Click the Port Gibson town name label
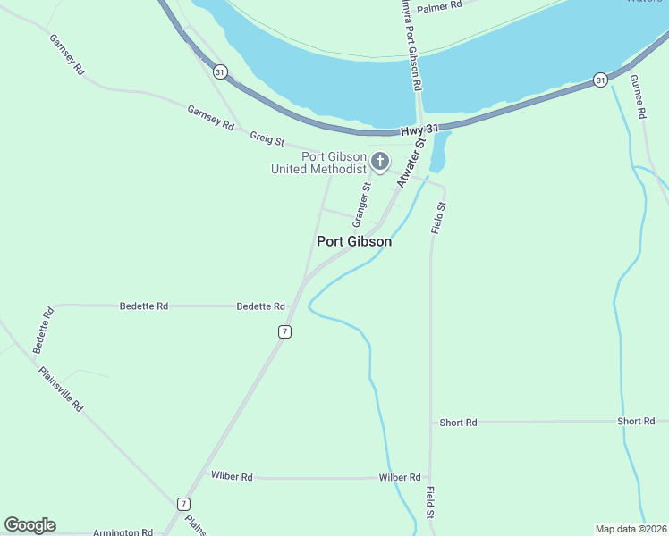tap(354, 241)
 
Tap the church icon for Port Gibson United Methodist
tap(380, 162)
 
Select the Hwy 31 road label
tap(420, 130)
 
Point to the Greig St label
tap(267, 140)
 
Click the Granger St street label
tap(360, 205)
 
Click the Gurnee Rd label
tap(638, 97)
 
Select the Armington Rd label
tap(123, 532)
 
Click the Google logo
tap(30, 525)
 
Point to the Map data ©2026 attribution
tap(631, 528)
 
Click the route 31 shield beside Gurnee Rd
tap(600, 80)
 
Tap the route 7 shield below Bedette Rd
tap(284, 331)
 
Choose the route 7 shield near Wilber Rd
tap(183, 504)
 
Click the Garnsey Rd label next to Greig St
tap(210, 118)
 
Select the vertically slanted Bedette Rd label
tap(44, 331)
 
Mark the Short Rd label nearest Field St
tap(459, 423)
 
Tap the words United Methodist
tap(318, 169)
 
